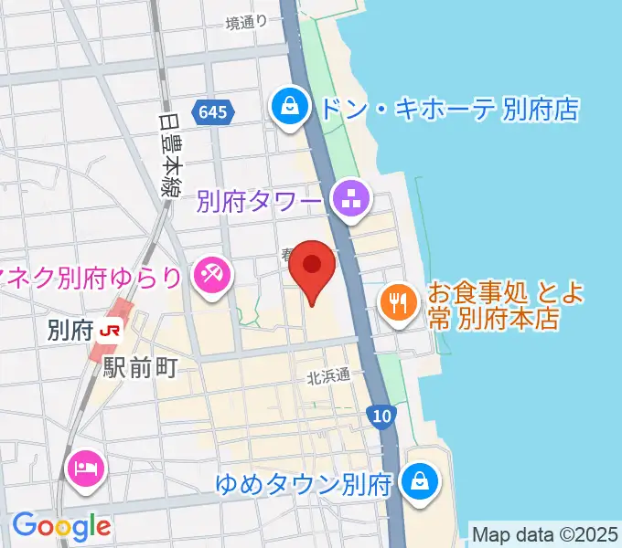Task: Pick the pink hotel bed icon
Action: [x=86, y=470]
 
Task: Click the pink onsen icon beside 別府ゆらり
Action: [x=211, y=272]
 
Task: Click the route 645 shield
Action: [x=213, y=112]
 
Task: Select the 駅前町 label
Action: [x=139, y=367]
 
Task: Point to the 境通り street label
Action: [x=247, y=22]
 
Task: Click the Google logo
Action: [x=60, y=525]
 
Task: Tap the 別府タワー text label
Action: [x=259, y=198]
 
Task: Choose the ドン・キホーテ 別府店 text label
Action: [x=448, y=110]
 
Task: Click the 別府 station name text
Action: [x=70, y=330]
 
